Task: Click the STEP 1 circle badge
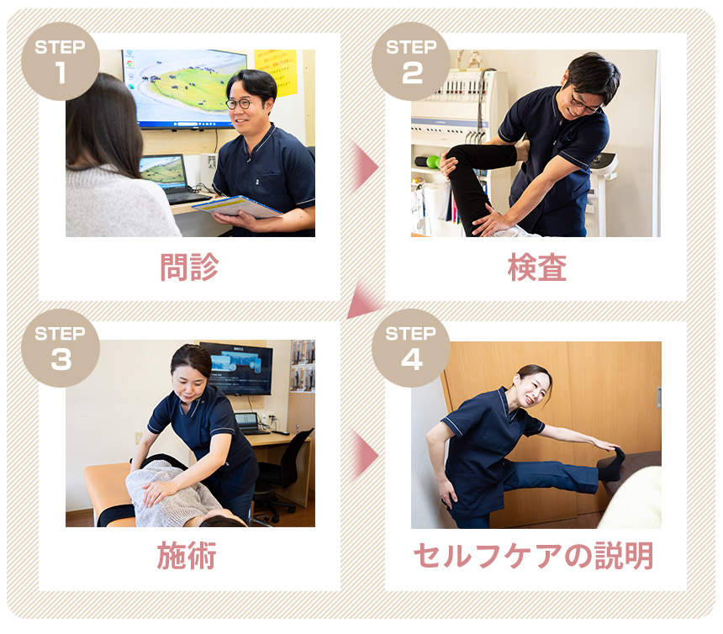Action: coord(60,61)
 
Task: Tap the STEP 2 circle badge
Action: coord(411,61)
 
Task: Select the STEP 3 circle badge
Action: coord(60,348)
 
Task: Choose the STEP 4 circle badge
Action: coord(411,348)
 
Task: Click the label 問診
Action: coord(189,267)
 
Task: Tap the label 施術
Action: coord(189,556)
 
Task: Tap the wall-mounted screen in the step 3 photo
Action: coord(236,367)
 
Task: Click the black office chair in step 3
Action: coord(286,471)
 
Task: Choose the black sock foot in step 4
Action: coord(611,464)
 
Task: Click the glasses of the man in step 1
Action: coord(240,103)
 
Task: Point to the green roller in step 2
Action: coord(431,161)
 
